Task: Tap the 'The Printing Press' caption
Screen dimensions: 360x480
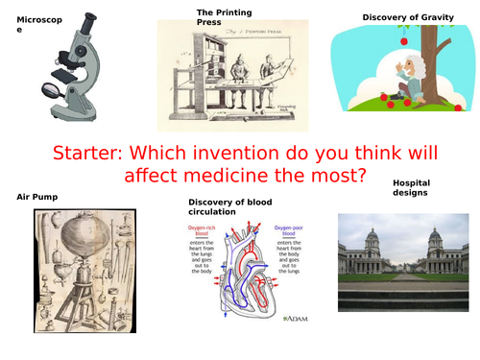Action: coord(224,15)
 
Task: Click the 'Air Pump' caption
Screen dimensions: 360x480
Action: coord(37,197)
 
